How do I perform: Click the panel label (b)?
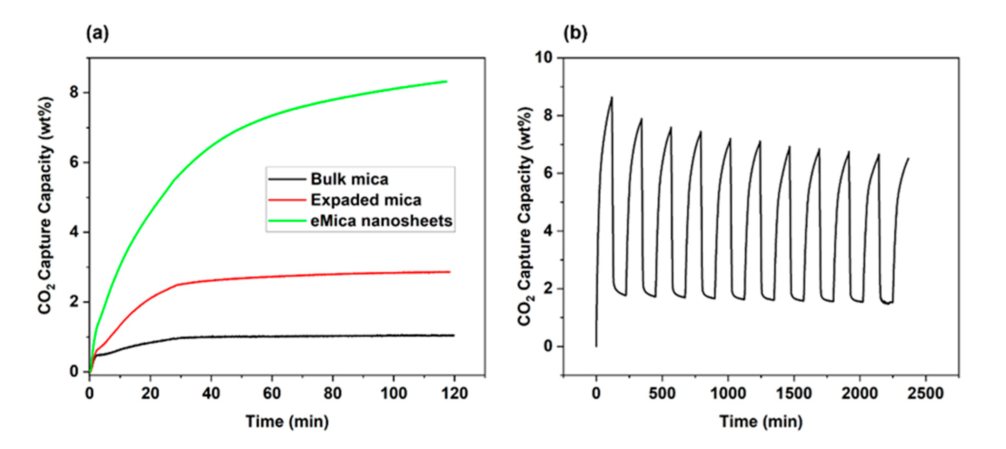[575, 34]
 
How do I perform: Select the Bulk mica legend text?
[350, 179]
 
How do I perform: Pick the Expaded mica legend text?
[366, 200]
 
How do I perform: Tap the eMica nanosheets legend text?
[382, 221]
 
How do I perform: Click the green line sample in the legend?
[287, 221]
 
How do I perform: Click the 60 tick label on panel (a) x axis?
[272, 393]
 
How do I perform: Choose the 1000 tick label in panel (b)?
[728, 393]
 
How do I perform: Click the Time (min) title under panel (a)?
[287, 422]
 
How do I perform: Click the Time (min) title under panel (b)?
[761, 422]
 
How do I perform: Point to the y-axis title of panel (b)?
[526, 217]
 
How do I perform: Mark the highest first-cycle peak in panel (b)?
[612, 97]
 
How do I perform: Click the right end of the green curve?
[446, 82]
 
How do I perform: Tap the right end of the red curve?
[450, 272]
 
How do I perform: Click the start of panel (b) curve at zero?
[596, 346]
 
